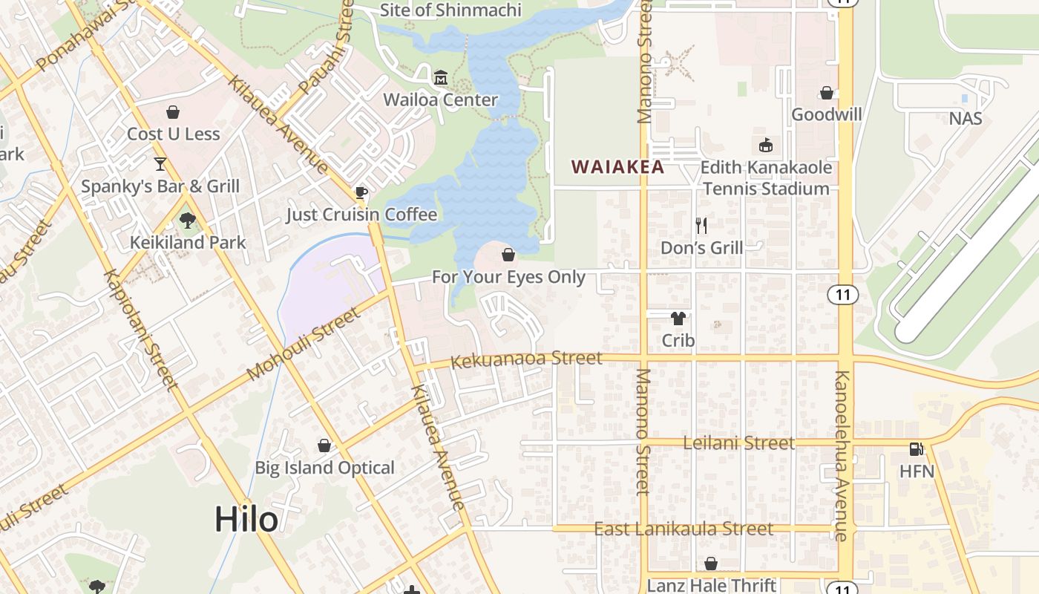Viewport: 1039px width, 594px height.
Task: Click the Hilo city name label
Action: [x=246, y=519]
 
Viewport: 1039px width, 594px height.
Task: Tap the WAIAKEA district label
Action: [x=617, y=167]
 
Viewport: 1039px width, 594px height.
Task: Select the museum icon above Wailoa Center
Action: [x=441, y=78]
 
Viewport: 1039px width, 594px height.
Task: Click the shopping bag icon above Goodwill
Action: [x=826, y=93]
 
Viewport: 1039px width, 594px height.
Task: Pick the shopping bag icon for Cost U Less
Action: [x=173, y=112]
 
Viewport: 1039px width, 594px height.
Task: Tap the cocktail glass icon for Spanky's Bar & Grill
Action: [x=160, y=163]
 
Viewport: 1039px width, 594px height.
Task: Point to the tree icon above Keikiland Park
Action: [x=187, y=220]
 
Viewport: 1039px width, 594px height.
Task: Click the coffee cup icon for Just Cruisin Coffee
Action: [x=361, y=193]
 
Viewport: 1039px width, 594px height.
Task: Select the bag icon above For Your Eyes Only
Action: [x=508, y=255]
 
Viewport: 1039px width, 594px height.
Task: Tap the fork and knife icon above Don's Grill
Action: [x=701, y=225]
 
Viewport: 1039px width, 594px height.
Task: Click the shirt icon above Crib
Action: [x=678, y=319]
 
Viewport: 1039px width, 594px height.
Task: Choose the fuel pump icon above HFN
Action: [x=917, y=449]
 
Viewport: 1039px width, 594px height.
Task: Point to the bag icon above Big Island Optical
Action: [x=324, y=446]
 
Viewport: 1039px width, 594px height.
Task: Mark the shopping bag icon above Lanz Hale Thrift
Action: [x=711, y=564]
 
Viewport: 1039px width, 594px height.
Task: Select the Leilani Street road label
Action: [x=738, y=443]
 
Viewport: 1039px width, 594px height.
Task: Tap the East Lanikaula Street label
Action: [x=684, y=529]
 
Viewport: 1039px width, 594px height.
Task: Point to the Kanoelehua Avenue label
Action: [x=841, y=455]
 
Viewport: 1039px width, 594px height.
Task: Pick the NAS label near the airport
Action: [x=965, y=119]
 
